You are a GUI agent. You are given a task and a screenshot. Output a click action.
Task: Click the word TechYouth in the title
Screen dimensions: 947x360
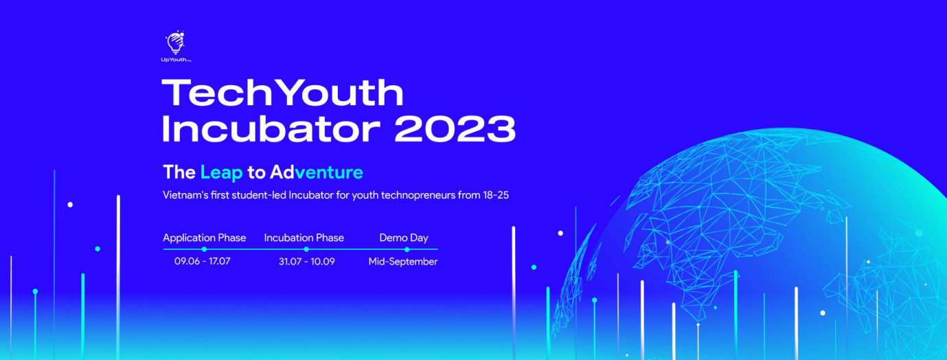[x=283, y=93]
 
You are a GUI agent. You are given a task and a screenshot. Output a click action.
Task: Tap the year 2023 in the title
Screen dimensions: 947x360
[x=455, y=128]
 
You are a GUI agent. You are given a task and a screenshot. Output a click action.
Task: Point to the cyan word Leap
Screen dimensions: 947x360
[x=222, y=172]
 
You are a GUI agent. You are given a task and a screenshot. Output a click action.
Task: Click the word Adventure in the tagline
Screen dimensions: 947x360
[x=317, y=172]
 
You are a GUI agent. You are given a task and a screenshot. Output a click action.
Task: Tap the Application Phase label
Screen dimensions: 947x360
[x=204, y=238]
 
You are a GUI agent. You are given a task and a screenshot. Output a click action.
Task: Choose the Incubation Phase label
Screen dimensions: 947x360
[x=304, y=238]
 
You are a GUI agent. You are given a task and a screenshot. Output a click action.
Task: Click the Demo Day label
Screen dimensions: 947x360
[x=404, y=238]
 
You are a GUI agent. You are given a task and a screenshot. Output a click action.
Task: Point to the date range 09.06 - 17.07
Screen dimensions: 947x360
[x=203, y=262]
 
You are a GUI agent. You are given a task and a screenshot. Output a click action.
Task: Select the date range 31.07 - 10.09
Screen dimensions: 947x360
[x=306, y=262]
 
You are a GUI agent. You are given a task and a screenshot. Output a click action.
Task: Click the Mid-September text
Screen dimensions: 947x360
[x=403, y=262]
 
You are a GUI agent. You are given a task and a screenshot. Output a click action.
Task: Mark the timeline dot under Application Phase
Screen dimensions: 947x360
[x=204, y=249]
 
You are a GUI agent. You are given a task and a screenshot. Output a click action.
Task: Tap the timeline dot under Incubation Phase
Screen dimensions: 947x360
[x=306, y=249]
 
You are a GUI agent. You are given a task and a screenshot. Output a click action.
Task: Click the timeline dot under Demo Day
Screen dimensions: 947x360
[x=407, y=249]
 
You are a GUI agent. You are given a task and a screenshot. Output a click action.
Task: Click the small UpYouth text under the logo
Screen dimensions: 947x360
[x=176, y=60]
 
